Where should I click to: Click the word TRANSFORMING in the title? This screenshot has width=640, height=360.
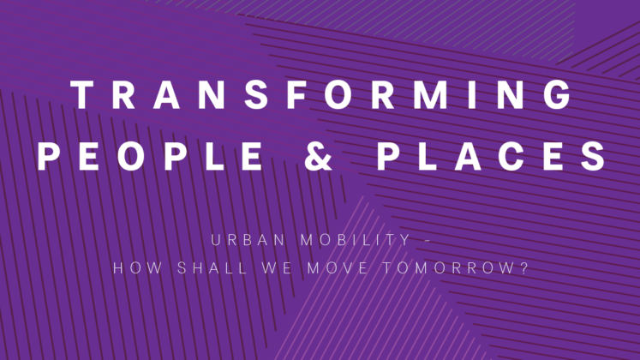(321, 94)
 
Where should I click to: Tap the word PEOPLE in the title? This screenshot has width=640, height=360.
(150, 156)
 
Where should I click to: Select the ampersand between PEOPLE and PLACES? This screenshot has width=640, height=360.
(319, 156)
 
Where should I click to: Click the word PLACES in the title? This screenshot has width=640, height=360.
(492, 156)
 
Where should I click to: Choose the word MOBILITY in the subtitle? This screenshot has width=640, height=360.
(355, 240)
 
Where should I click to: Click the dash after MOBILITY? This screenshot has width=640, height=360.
(428, 241)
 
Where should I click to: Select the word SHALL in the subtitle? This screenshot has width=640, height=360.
(212, 268)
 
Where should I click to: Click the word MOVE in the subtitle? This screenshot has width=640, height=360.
(338, 268)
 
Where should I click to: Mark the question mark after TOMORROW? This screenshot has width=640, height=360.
(524, 268)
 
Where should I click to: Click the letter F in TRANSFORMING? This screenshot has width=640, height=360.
(296, 94)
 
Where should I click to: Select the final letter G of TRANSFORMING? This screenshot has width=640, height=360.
(558, 94)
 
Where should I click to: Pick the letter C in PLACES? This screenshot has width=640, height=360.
(511, 156)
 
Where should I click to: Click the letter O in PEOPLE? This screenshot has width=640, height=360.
(131, 156)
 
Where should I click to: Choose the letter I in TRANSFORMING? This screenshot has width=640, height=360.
(472, 94)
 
